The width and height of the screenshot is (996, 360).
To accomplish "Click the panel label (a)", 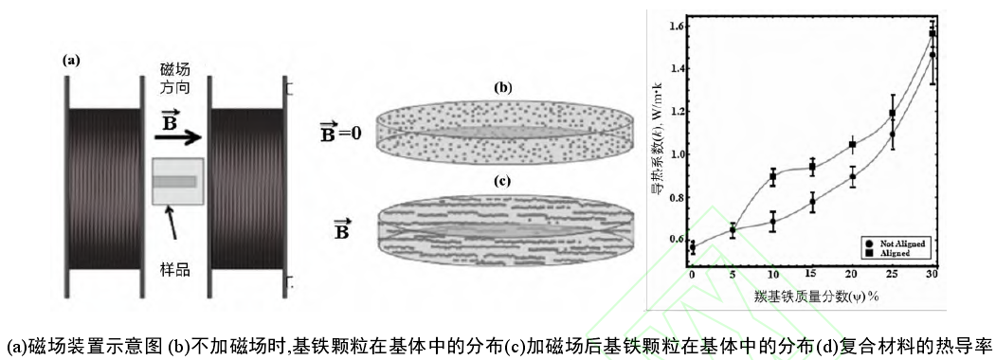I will [72, 60].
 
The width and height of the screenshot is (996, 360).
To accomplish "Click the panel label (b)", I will [503, 88].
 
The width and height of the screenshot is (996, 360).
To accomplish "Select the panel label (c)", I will [503, 181].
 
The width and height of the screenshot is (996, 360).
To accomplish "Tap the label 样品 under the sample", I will [174, 270].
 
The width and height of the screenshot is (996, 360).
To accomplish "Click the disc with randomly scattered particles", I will [503, 133].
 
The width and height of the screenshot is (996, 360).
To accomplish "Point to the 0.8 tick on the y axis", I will [676, 197].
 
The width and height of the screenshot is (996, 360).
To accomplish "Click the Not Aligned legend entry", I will [892, 243].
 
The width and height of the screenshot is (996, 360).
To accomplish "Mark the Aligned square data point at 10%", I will [772, 177].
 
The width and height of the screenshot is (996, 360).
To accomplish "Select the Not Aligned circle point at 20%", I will [853, 176].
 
